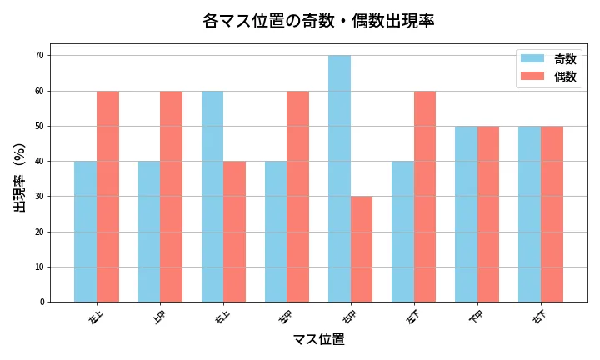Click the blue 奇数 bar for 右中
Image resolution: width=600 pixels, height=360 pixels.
point(339,178)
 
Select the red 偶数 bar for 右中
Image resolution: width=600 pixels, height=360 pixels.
point(362,249)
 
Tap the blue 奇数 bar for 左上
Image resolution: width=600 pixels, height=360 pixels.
point(85,232)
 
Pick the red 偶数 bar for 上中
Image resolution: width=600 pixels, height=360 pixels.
point(171,197)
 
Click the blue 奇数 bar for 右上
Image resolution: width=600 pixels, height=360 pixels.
point(212,197)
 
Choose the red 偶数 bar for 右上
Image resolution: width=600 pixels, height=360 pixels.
point(234,232)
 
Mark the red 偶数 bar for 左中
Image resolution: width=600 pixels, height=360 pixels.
point(297,197)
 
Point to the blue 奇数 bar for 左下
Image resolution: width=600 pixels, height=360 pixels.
point(402,232)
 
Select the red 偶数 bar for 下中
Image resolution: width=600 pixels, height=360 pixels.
point(488,214)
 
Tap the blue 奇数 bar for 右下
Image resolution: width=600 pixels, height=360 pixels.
point(529,214)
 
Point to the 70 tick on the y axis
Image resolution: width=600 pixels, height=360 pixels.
point(39,56)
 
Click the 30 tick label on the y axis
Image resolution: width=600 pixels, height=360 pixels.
point(39,197)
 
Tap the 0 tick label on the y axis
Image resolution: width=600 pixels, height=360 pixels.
point(42,302)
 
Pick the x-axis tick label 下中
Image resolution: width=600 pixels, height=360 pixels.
point(475,317)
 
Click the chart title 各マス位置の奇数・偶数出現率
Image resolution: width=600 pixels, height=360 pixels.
point(318,21)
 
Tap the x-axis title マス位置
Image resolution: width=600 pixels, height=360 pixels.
point(318,339)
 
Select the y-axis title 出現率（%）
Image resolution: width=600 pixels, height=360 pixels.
point(20,177)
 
